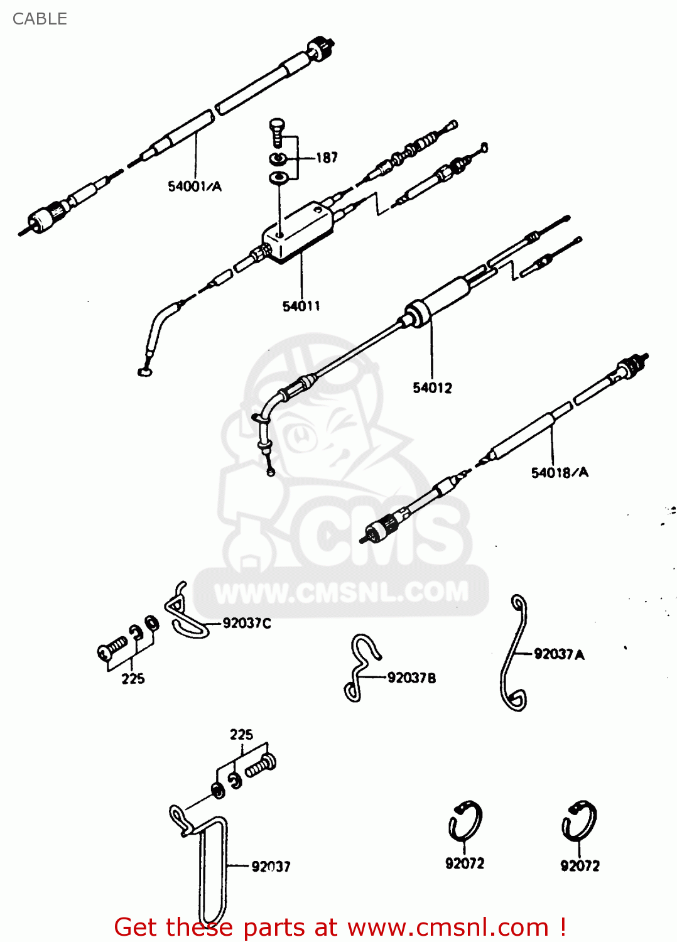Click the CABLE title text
tap(40, 19)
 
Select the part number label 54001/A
tap(195, 186)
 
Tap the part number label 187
tap(327, 158)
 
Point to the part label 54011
tap(301, 306)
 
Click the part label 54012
tap(432, 387)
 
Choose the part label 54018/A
tap(560, 472)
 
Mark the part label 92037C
tap(247, 623)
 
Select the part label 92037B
tap(411, 678)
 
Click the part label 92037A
tap(559, 654)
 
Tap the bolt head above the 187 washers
tap(277, 126)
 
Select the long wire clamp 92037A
tap(514, 653)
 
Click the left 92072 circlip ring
tap(465, 822)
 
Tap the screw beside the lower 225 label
tap(114, 647)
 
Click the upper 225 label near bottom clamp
tap(241, 734)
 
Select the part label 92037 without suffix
tap(271, 867)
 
